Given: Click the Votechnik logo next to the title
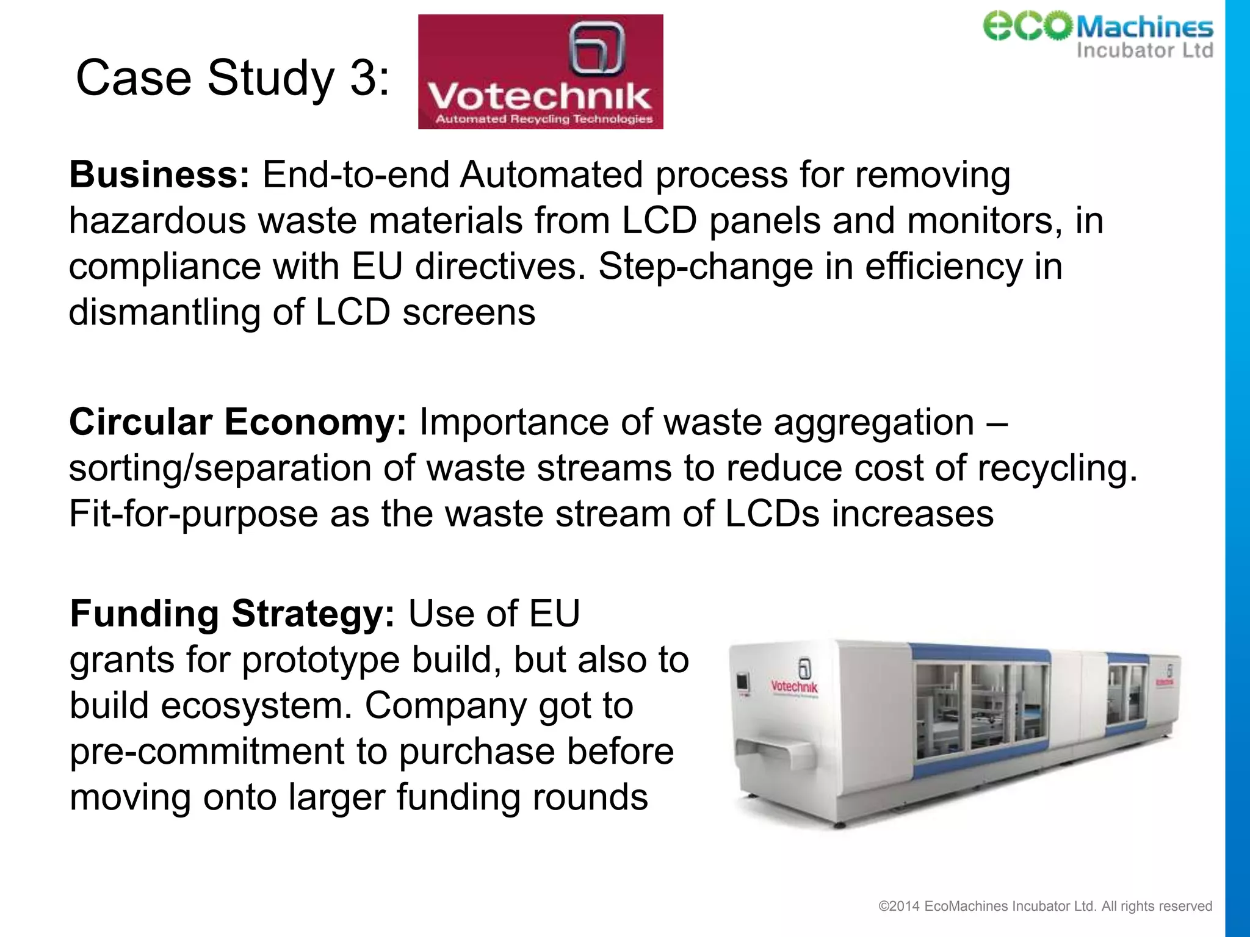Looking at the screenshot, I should click(540, 72).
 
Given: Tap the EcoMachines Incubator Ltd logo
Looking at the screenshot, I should click(1097, 35).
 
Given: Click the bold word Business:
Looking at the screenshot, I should click(159, 175).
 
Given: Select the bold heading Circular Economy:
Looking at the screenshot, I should click(237, 422).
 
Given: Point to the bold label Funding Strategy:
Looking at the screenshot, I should click(233, 614).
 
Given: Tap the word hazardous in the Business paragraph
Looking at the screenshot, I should click(157, 220).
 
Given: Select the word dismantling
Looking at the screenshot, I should click(164, 312).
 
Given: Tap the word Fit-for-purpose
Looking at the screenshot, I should click(193, 514).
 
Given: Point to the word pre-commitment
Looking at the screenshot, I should click(207, 752).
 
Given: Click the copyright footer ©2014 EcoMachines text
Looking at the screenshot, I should click(1044, 906).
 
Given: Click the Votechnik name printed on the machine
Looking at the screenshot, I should click(793, 687).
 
